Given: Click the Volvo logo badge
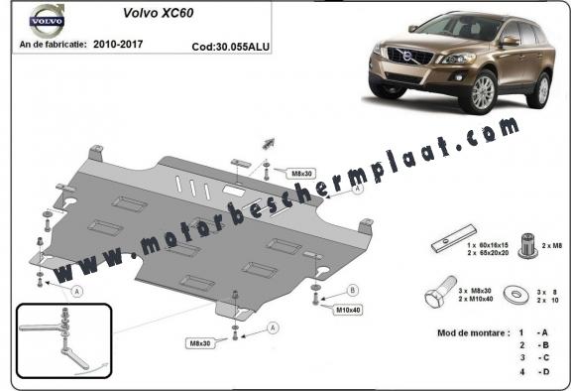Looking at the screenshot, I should pyautogui.click(x=46, y=20).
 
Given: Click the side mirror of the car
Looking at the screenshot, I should pyautogui.click(x=510, y=42).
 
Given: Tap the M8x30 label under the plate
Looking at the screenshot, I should pyautogui.click(x=203, y=343).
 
